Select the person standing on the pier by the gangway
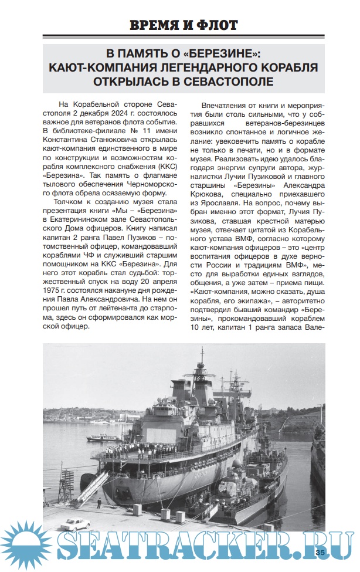click(98, 503)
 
